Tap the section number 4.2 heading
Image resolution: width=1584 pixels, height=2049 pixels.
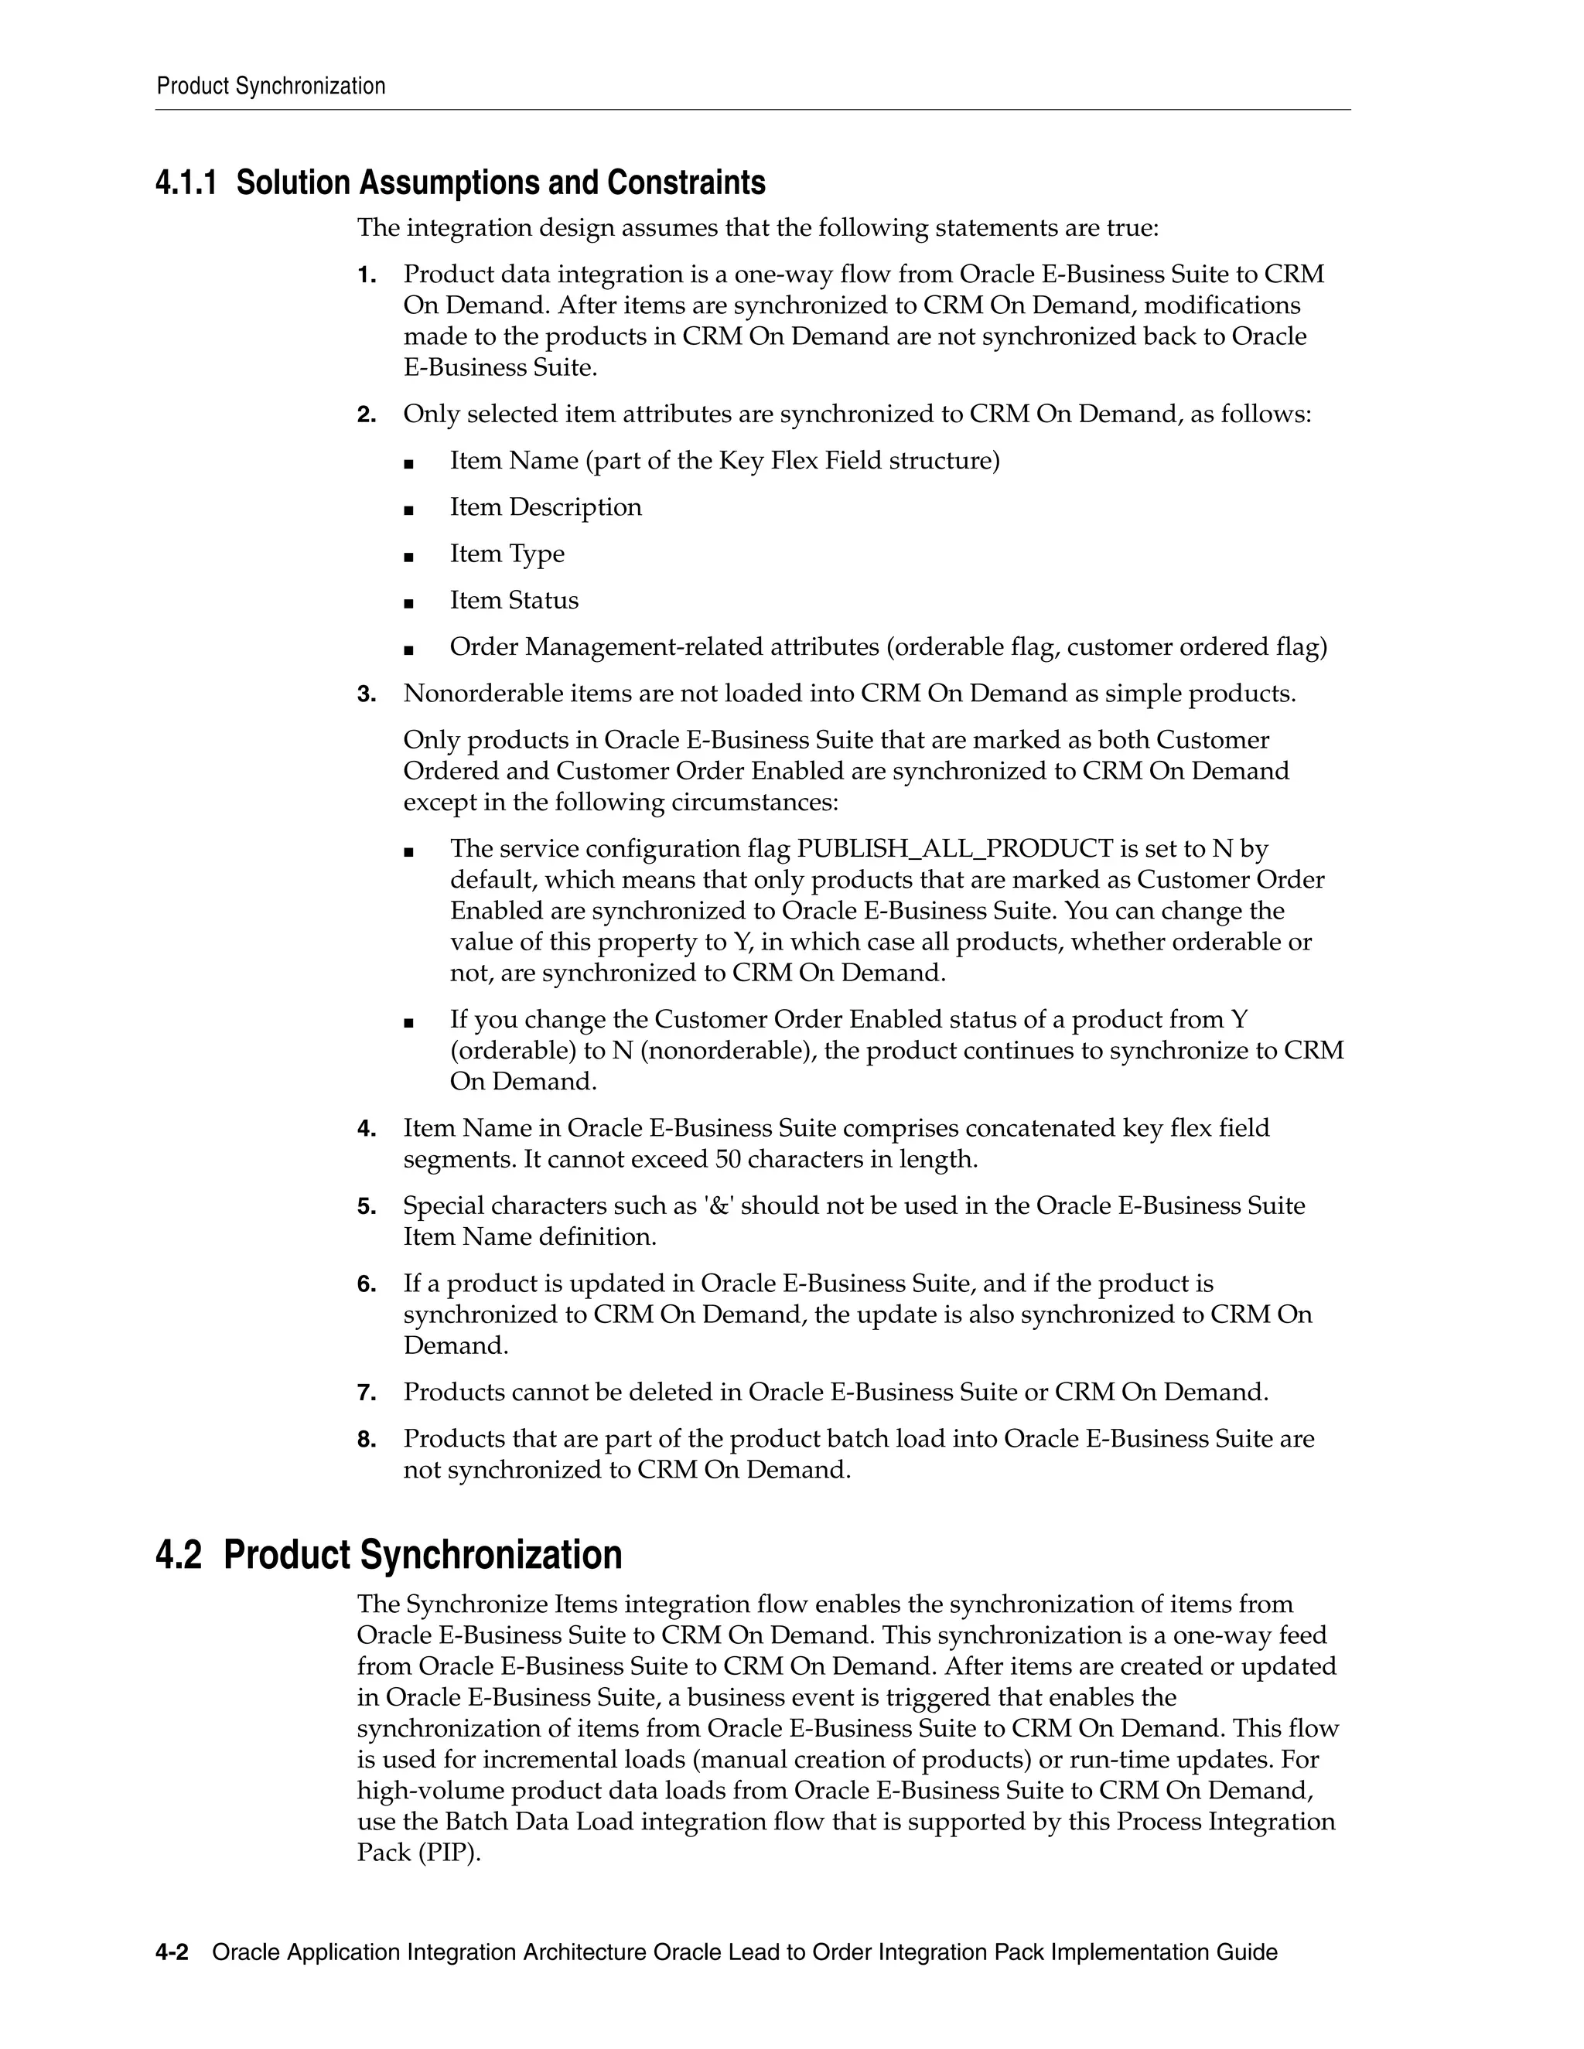(179, 1556)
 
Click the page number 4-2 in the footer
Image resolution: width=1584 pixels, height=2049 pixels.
(172, 1953)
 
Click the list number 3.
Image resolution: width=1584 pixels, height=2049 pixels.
(366, 695)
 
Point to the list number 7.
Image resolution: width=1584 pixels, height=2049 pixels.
(366, 1393)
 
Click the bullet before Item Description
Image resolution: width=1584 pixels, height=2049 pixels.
(408, 510)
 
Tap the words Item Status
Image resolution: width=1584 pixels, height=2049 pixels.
(514, 601)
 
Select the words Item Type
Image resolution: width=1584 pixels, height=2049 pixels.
(507, 554)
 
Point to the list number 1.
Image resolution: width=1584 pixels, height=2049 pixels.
(366, 276)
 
